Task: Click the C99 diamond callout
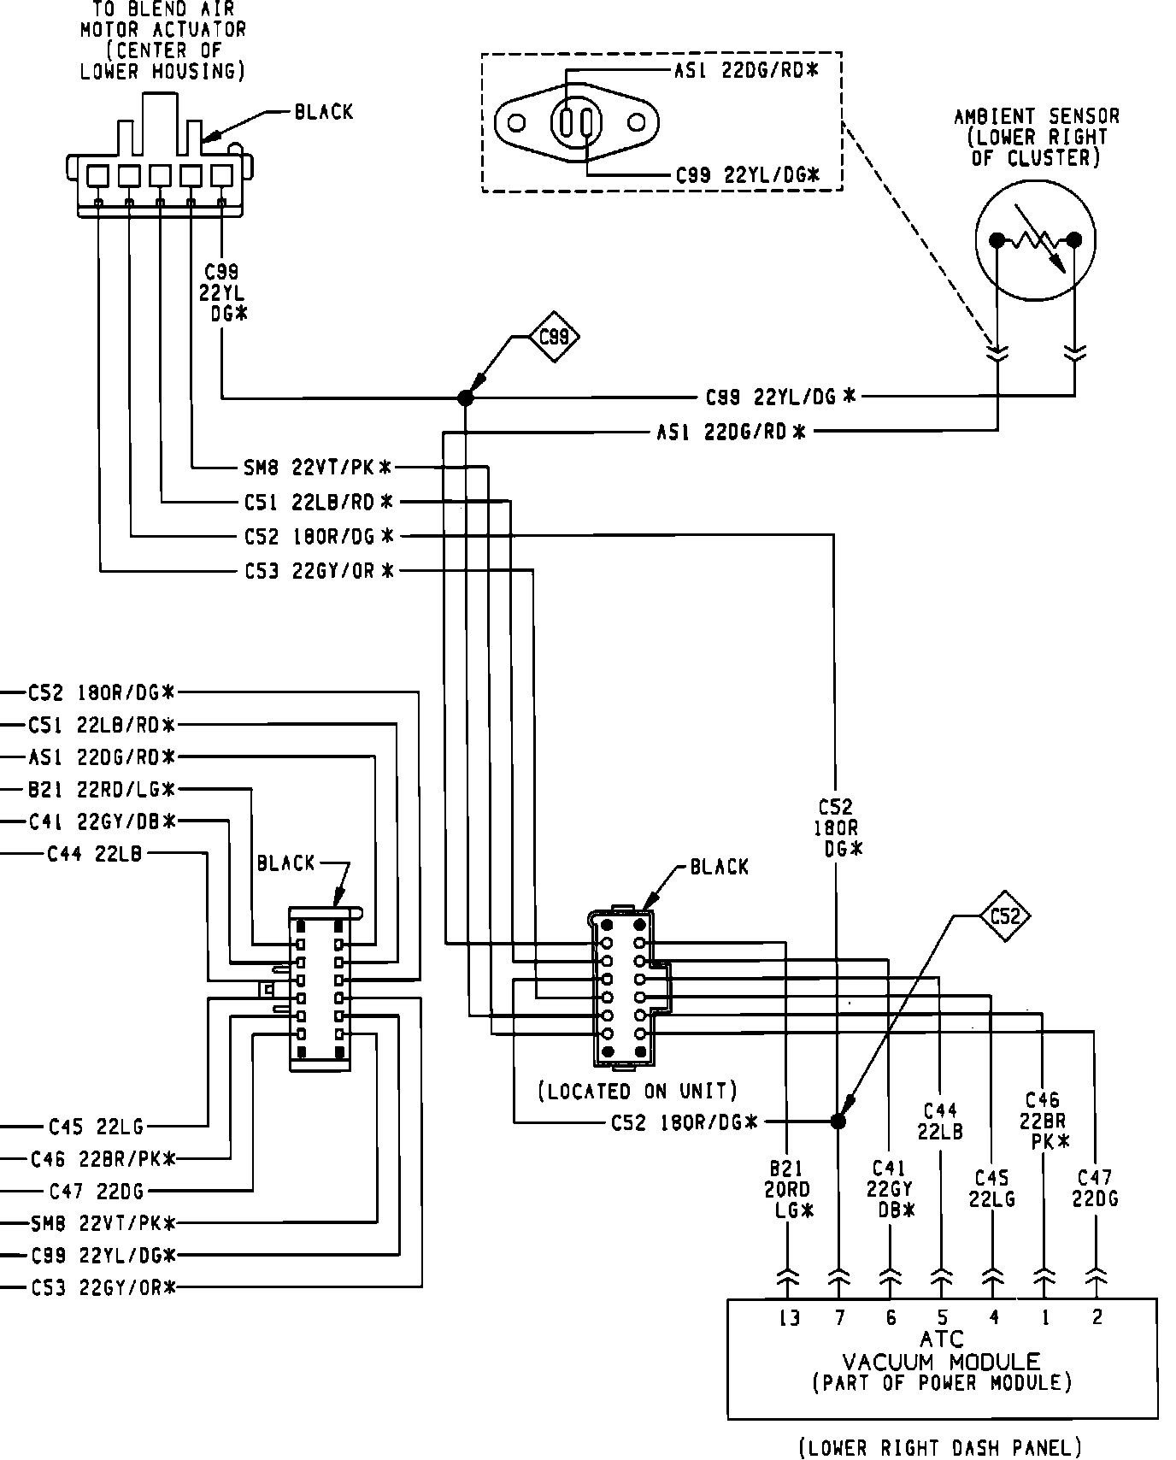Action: [x=554, y=337]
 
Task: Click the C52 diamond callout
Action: [x=1004, y=916]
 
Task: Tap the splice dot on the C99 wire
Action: [x=465, y=397]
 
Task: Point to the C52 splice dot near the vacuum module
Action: [x=838, y=1121]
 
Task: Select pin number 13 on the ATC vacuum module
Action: [x=789, y=1317]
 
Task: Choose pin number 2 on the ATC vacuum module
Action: [x=1097, y=1317]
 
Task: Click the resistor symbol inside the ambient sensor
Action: [x=1035, y=241]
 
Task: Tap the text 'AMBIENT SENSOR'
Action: [x=1036, y=115]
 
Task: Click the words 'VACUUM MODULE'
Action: [x=942, y=1362]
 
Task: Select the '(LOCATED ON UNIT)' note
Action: [x=637, y=1092]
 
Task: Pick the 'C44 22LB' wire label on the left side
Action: [x=94, y=852]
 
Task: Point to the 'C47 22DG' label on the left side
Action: [x=97, y=1190]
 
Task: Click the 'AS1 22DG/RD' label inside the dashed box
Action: [x=746, y=71]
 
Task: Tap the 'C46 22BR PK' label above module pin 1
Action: [x=1043, y=1120]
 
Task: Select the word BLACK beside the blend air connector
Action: [x=323, y=112]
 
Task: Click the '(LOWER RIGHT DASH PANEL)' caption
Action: [x=940, y=1447]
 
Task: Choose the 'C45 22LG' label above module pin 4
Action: [x=991, y=1189]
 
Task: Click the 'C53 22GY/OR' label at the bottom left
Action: [x=102, y=1287]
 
